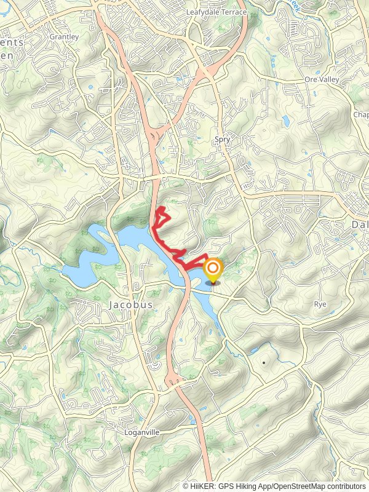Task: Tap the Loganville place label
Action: click(x=143, y=432)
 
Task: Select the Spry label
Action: click(x=223, y=140)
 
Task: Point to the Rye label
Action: click(x=320, y=304)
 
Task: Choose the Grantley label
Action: click(x=64, y=37)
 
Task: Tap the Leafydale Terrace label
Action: click(x=216, y=12)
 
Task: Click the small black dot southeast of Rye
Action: click(x=263, y=363)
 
